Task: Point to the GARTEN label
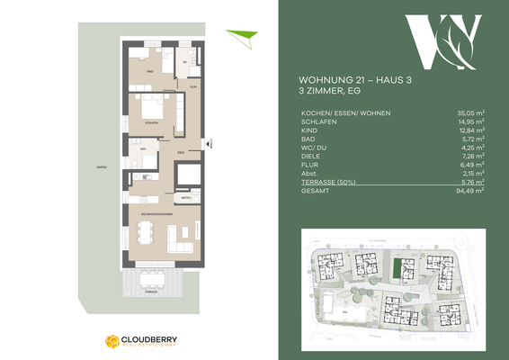[95, 166]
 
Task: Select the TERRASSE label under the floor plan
[155, 292]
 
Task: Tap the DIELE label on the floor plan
[181, 152]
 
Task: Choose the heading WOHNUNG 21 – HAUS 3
[348, 79]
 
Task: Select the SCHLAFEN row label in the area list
[315, 123]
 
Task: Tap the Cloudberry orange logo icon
[112, 340]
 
